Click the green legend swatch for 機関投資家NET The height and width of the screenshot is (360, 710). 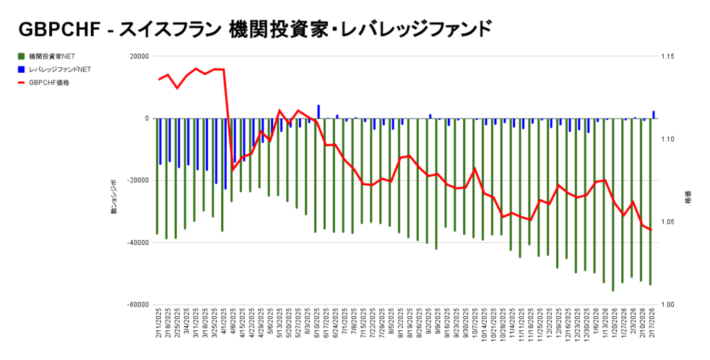[x=21, y=56]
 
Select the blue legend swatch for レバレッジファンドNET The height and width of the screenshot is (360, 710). [x=21, y=69]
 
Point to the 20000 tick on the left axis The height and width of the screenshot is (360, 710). [x=139, y=57]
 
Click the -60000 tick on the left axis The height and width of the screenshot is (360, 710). [x=137, y=305]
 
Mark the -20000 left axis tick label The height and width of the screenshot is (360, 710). [x=137, y=181]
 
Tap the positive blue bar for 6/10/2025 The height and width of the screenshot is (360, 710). [x=318, y=112]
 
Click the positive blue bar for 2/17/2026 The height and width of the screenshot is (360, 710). [x=653, y=114]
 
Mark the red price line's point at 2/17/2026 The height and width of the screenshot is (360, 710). [x=651, y=230]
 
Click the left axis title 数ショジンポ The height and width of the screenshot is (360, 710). [x=114, y=198]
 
